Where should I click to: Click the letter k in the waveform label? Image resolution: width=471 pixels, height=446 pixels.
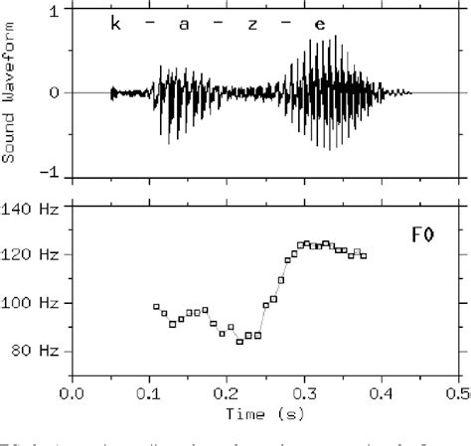[x=116, y=21]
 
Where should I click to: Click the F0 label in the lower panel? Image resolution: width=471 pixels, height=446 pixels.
[x=421, y=235]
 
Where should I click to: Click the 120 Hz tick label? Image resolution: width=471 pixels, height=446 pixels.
[x=36, y=254]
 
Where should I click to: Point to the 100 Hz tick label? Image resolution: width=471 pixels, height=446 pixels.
[x=36, y=302]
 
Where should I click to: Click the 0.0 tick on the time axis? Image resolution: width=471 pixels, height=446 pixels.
[x=72, y=392]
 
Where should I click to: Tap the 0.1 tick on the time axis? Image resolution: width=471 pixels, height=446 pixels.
[x=149, y=392]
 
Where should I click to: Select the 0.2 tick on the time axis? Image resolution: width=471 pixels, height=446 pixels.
[x=227, y=392]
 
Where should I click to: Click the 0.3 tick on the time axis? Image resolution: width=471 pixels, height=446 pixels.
[x=304, y=392]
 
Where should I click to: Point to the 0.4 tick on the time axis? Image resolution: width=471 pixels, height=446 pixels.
[x=382, y=392]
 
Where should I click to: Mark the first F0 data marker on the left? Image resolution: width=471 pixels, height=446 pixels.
[x=156, y=308]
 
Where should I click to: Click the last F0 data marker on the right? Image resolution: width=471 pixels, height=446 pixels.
[x=364, y=256]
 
